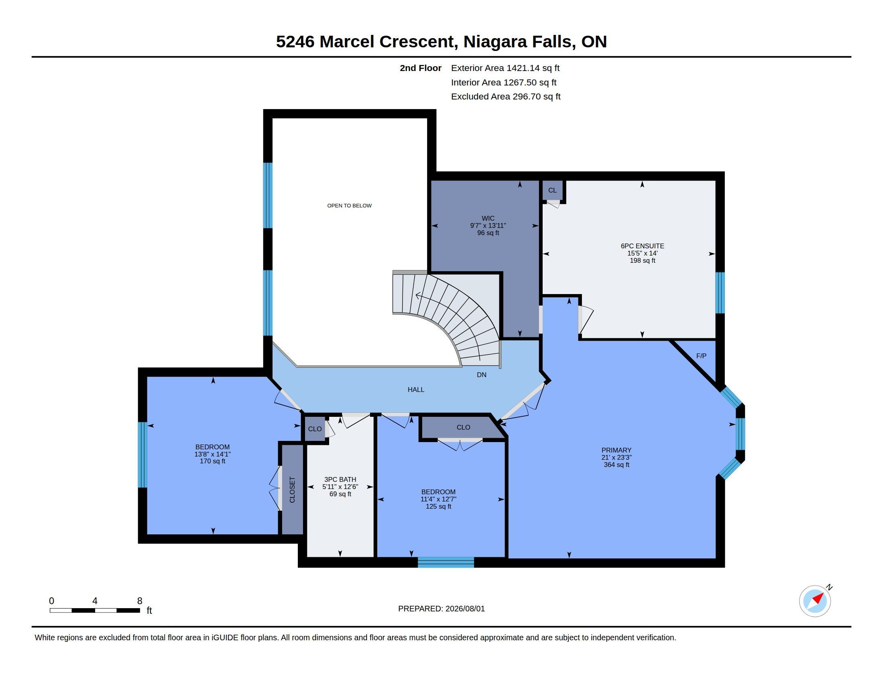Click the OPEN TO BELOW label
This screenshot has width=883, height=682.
click(x=349, y=206)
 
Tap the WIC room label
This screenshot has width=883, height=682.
click(x=488, y=218)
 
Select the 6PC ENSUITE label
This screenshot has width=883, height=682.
click(x=643, y=246)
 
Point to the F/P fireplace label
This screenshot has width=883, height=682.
click(x=702, y=356)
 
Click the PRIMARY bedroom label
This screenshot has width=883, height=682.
click(x=616, y=450)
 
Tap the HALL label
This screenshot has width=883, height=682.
click(x=416, y=390)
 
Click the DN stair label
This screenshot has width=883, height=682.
click(x=482, y=375)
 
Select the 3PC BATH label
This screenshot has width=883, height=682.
click(x=340, y=479)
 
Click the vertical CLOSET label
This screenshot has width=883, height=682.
click(x=292, y=490)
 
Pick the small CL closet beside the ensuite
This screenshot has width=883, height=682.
click(x=552, y=190)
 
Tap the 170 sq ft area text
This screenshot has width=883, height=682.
click(x=213, y=461)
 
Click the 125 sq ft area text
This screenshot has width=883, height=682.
click(x=438, y=506)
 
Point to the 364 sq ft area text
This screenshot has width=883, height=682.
click(x=616, y=465)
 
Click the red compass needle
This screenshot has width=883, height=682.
click(x=818, y=598)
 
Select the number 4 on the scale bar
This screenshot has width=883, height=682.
click(x=95, y=601)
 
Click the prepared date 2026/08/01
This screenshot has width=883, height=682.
click(x=465, y=609)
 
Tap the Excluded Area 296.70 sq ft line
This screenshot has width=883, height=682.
click(x=506, y=97)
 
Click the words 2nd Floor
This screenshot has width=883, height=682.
click(x=421, y=68)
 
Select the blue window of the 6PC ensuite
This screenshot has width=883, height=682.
click(x=720, y=292)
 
